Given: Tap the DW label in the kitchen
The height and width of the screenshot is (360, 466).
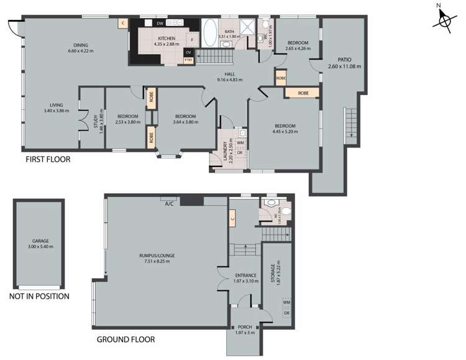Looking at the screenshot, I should [x=160, y=23].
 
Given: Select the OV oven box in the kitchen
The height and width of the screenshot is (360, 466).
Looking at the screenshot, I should [x=188, y=52].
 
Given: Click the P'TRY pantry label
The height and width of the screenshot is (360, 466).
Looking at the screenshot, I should [x=188, y=60].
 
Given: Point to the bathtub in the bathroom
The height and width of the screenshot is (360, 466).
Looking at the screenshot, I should [x=209, y=30].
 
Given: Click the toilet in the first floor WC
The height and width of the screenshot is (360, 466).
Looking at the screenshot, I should [x=265, y=24].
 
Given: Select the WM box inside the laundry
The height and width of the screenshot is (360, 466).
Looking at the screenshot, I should [x=240, y=143].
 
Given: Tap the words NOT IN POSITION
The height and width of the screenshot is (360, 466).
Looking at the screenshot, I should [x=40, y=296].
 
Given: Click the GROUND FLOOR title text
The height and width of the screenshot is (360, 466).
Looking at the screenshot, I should [x=126, y=340].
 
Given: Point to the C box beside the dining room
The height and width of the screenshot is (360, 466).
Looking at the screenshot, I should [x=123, y=24].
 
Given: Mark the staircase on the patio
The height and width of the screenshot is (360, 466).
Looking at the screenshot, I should [x=352, y=124].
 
